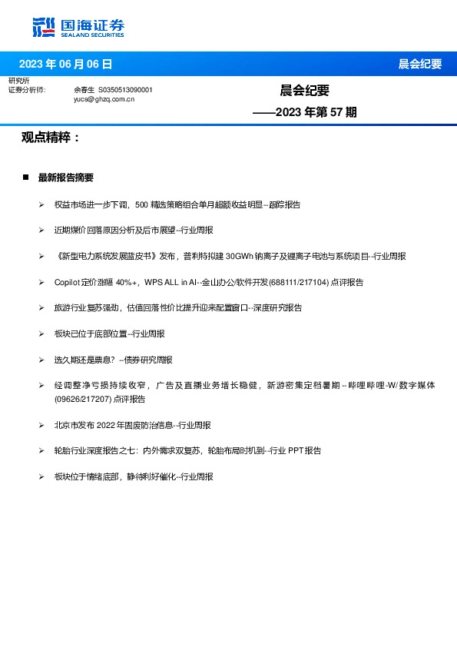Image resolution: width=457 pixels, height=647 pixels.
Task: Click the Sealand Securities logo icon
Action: pos(45,27)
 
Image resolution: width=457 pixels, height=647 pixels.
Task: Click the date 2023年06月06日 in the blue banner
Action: pos(65,64)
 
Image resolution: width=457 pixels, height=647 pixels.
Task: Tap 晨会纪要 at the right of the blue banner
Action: pos(419,64)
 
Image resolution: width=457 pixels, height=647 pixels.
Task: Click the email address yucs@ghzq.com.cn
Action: pos(104,99)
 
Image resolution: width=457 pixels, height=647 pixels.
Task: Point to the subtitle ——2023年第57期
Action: pos(305,112)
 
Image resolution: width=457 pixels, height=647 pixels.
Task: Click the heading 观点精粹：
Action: pos(51,138)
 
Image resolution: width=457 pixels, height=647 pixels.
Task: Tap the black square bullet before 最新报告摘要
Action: pos(25,178)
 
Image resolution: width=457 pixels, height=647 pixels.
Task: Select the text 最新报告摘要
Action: pos(66,178)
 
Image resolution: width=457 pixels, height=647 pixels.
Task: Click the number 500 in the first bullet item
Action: pos(141,204)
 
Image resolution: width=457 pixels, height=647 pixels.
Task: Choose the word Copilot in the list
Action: pos(68,282)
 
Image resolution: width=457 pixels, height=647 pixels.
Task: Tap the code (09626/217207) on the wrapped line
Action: pos(84,400)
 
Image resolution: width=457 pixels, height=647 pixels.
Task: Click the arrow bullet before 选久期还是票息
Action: pos(41,360)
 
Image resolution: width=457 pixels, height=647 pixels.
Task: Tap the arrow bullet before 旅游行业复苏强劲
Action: pos(41,308)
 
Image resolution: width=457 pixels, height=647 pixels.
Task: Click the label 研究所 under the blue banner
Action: pos(18,81)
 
